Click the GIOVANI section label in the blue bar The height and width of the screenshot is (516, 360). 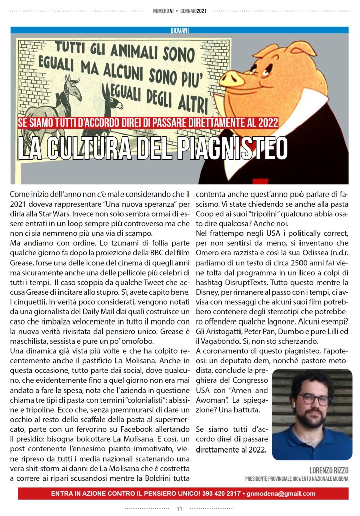[179, 30]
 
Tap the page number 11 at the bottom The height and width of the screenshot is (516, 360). [179, 509]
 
